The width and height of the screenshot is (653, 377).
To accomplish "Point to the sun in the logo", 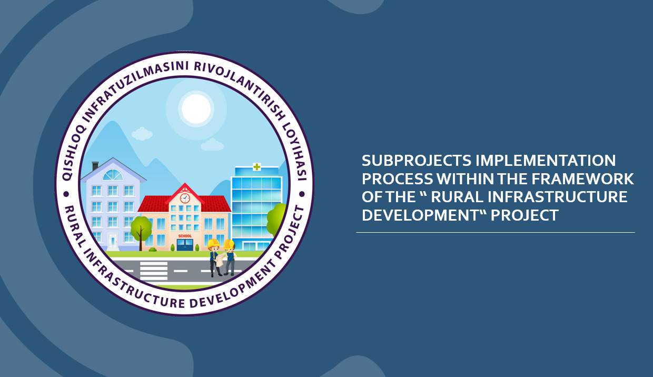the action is click(x=196, y=108).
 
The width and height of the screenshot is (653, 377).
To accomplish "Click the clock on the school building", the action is click(x=185, y=198).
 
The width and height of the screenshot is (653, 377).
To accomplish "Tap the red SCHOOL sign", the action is click(x=185, y=236).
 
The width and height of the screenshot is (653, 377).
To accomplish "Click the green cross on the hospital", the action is click(x=256, y=167).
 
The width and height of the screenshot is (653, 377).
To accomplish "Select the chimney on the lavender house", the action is click(x=95, y=166).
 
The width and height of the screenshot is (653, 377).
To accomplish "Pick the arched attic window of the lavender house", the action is click(x=113, y=175).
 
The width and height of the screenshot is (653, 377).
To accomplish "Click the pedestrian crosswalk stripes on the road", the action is click(x=154, y=271).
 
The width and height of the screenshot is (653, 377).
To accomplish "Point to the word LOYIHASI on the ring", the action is click(x=294, y=152).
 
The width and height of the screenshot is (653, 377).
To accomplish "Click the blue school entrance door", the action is click(x=185, y=245).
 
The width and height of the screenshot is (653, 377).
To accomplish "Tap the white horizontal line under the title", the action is click(x=496, y=232).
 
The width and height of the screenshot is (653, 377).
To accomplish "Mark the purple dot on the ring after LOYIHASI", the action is click(x=302, y=194).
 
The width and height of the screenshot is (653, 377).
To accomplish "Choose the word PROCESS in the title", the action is click(x=398, y=178).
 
